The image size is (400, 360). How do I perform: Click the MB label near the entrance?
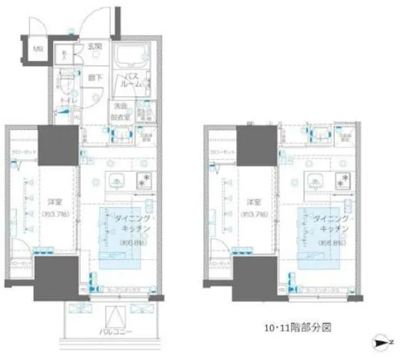[37, 53]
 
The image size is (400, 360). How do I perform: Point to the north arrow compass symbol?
[384, 341]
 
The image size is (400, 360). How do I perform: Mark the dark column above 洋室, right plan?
[252, 145]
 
